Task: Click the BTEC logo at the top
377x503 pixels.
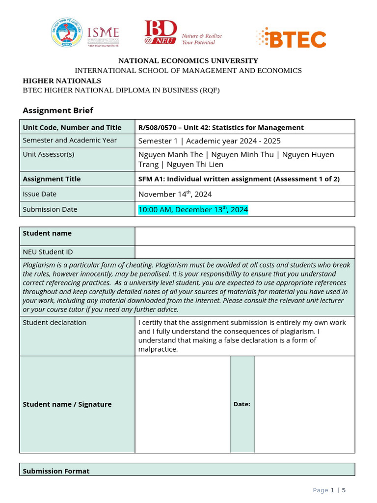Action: [291, 38]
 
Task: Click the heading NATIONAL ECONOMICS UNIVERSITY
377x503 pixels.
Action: [188, 61]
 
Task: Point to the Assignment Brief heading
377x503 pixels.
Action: [58, 111]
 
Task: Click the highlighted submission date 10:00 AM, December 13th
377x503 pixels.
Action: [193, 210]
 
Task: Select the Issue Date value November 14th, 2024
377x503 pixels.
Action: [175, 194]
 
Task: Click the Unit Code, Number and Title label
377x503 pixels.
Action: [72, 128]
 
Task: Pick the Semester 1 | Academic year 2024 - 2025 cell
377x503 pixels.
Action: [210, 141]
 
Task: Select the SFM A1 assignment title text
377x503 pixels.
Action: [239, 179]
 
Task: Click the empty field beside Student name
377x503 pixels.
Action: [244, 236]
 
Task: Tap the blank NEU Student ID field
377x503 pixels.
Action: [244, 252]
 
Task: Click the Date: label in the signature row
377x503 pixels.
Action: [242, 404]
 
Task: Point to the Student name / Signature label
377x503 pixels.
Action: [67, 404]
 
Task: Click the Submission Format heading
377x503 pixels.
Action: [56, 471]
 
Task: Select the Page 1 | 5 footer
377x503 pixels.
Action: [329, 490]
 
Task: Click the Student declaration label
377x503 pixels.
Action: [54, 323]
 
